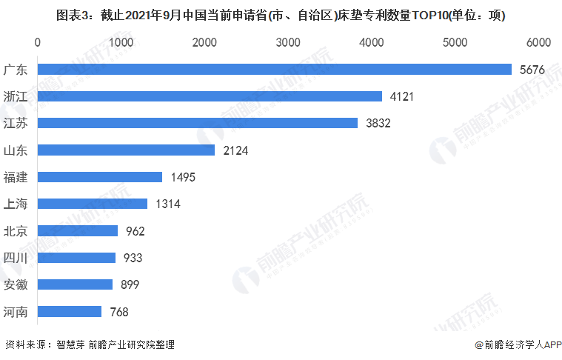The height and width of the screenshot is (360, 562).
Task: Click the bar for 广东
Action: click(274, 69)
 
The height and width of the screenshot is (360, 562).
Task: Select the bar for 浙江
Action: click(210, 96)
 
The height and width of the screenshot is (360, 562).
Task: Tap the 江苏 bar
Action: click(197, 123)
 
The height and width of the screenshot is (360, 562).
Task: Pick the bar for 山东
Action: click(126, 150)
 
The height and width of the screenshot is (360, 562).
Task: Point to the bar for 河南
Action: click(69, 312)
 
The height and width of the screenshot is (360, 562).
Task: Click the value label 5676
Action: click(532, 70)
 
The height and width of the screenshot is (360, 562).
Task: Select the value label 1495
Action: click(183, 177)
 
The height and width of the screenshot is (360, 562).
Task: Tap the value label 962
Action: click(135, 231)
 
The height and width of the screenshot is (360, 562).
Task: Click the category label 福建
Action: click(16, 177)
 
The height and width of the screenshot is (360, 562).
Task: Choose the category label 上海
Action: click(16, 204)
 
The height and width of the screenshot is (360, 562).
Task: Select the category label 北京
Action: click(16, 231)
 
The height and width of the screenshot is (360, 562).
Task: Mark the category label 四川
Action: click(16, 258)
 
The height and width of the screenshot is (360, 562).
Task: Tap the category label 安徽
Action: click(16, 284)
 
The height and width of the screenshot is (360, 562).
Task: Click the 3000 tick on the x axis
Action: click(287, 42)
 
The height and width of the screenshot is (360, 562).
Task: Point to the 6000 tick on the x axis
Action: click(538, 42)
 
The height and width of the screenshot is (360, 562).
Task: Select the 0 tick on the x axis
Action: click(37, 42)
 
